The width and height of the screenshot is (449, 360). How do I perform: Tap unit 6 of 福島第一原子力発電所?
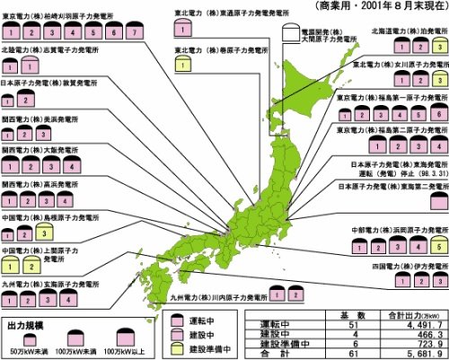[436, 114]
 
